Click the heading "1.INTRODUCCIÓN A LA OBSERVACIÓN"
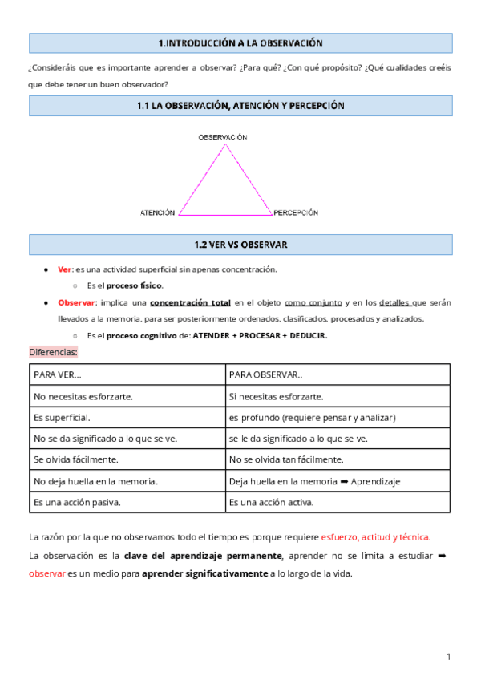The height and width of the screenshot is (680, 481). click(x=240, y=42)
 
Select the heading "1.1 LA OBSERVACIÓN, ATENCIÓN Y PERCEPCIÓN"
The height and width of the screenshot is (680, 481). click(x=240, y=106)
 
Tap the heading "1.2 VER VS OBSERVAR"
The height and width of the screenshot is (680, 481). click(x=240, y=245)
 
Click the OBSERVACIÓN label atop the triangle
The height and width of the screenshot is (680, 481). click(x=223, y=137)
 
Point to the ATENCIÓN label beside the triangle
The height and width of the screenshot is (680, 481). click(x=157, y=213)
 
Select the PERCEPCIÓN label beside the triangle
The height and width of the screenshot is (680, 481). click(x=296, y=213)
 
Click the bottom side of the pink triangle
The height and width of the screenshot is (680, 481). click(x=225, y=215)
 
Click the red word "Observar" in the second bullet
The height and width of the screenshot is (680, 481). click(x=76, y=302)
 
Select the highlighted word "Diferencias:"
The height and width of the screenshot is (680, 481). click(x=53, y=352)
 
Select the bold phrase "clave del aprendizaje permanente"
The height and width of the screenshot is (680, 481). click(x=203, y=556)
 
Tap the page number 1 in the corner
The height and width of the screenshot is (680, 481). click(x=449, y=658)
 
